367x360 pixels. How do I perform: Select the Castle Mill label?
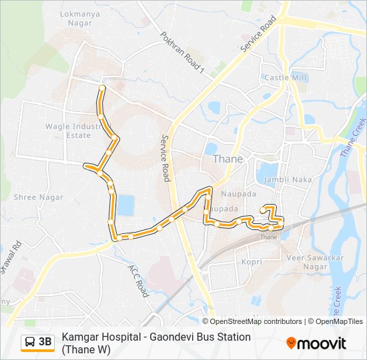[285, 78]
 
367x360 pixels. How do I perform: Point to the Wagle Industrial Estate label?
[67, 131]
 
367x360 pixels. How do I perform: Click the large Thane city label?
[228, 159]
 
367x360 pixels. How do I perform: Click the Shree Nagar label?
[39, 197]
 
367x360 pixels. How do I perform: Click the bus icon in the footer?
[30, 342]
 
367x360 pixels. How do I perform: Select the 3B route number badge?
[45, 342]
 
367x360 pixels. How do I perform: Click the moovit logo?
[316, 343]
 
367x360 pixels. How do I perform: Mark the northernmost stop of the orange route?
[101, 88]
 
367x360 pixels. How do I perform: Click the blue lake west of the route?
[124, 205]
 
